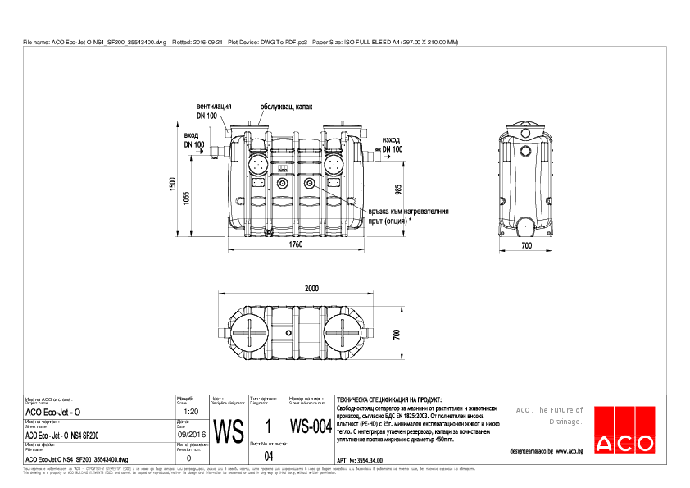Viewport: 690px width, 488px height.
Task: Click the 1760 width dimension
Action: pos(296,244)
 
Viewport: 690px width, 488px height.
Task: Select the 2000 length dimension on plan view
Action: pos(311,289)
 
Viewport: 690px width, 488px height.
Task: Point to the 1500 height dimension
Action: pos(173,185)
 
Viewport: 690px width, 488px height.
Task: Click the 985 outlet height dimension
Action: pos(398,190)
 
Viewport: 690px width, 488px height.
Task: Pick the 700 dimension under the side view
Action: pos(526,245)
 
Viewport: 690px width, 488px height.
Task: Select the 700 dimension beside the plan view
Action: pos(395,335)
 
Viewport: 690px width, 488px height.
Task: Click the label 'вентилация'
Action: pos(213,107)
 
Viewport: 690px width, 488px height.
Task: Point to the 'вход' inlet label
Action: pos(192,135)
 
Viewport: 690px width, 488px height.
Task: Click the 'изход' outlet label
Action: pos(391,140)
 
